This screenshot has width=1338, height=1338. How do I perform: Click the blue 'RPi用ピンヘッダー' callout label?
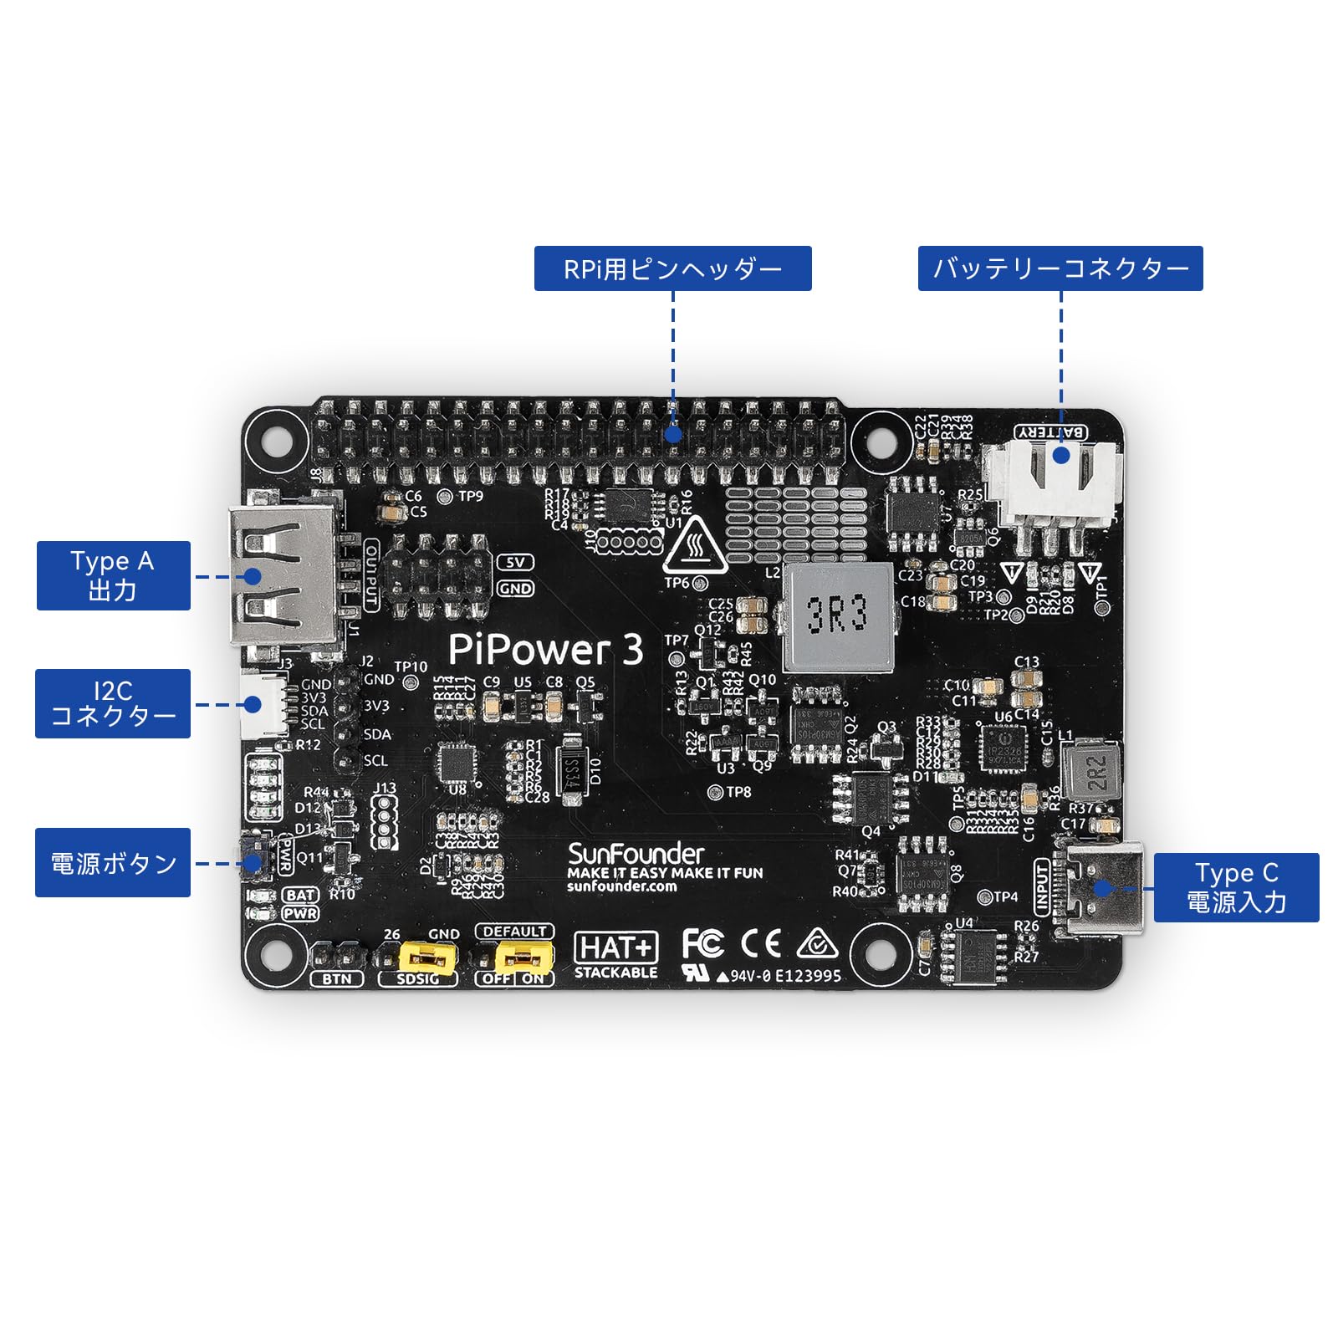[x=672, y=268]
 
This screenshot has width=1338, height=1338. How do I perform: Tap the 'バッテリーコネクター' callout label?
[x=1060, y=268]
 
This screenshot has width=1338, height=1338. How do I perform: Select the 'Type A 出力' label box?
[x=114, y=575]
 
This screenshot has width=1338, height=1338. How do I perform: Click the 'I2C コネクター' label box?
[x=113, y=703]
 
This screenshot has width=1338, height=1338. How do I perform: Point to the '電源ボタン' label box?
[x=113, y=862]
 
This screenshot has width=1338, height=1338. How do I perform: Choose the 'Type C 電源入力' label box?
[x=1235, y=887]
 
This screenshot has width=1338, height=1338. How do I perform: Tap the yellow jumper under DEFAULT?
[x=524, y=955]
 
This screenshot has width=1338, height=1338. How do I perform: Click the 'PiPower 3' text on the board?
[x=545, y=649]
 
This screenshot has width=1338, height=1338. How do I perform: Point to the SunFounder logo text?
[x=636, y=854]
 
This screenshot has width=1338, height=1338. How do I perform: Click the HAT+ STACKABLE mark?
[x=616, y=954]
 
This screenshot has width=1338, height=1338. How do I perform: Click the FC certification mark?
[x=702, y=943]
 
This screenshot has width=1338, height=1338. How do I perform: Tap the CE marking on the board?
[x=761, y=943]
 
